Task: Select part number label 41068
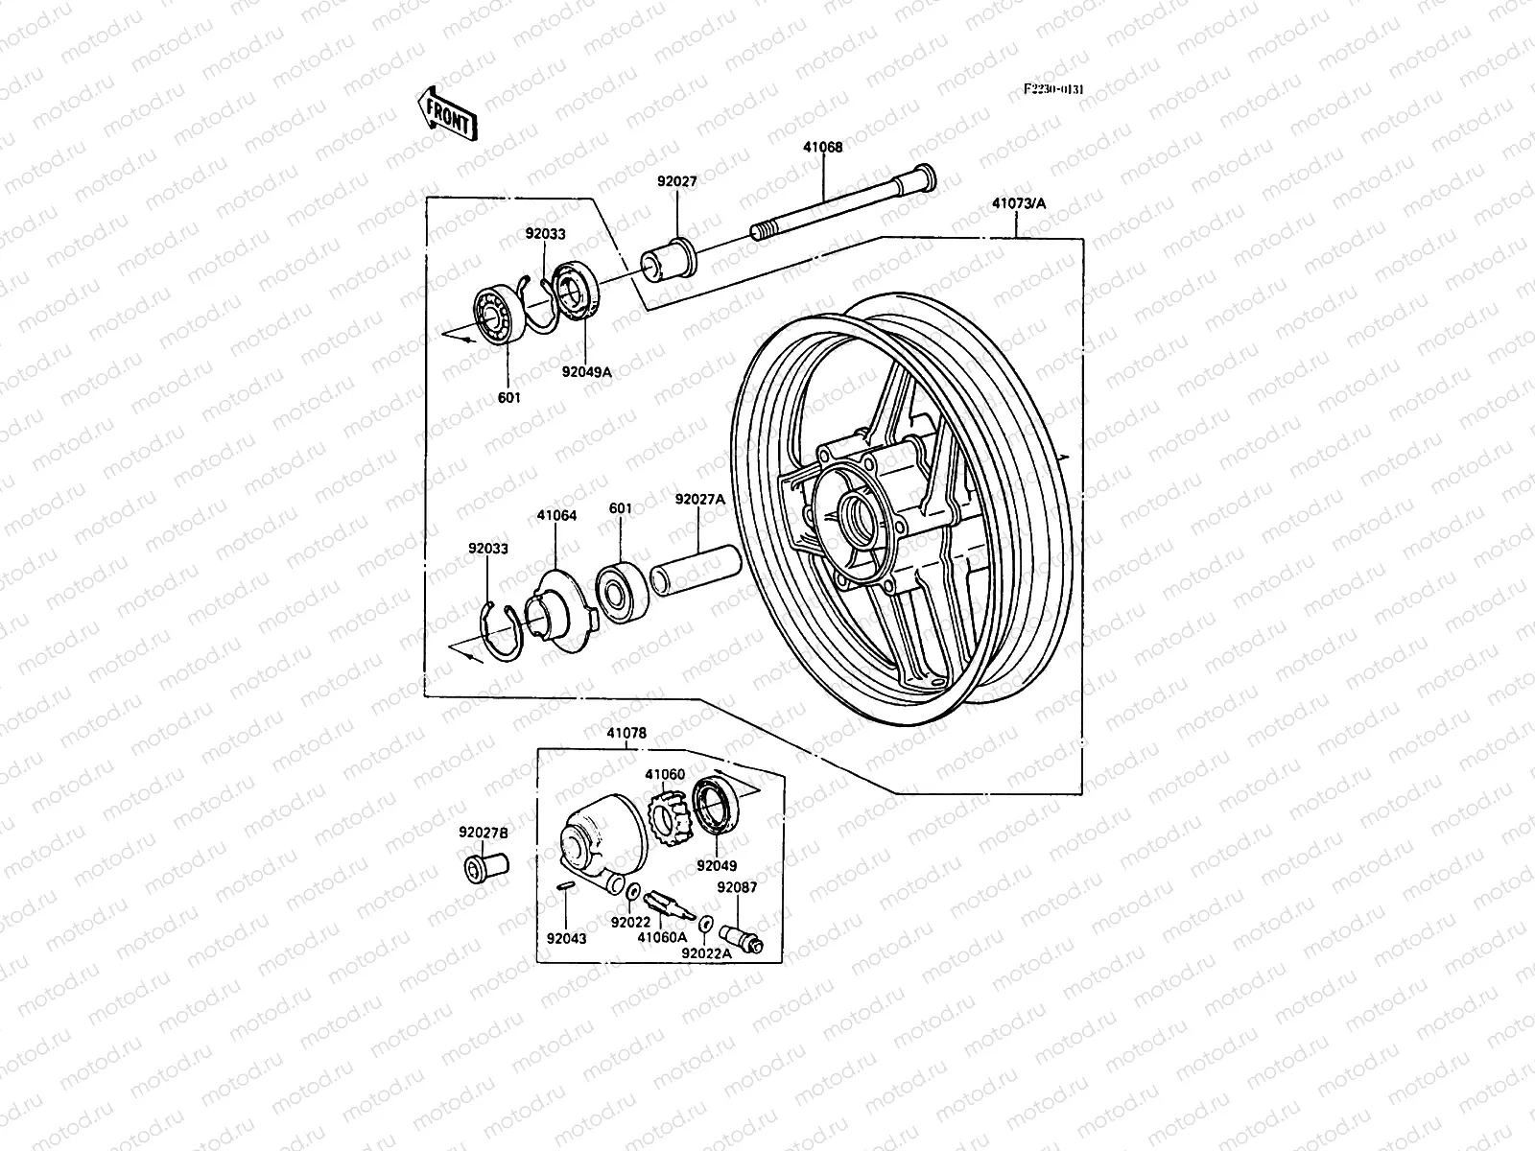tap(823, 148)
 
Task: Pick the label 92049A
tap(587, 372)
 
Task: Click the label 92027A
tap(700, 500)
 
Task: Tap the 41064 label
tap(556, 516)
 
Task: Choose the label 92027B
tap(484, 833)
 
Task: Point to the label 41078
tap(626, 734)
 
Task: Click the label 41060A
tap(663, 937)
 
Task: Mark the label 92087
tap(737, 887)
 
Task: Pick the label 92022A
tap(706, 953)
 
